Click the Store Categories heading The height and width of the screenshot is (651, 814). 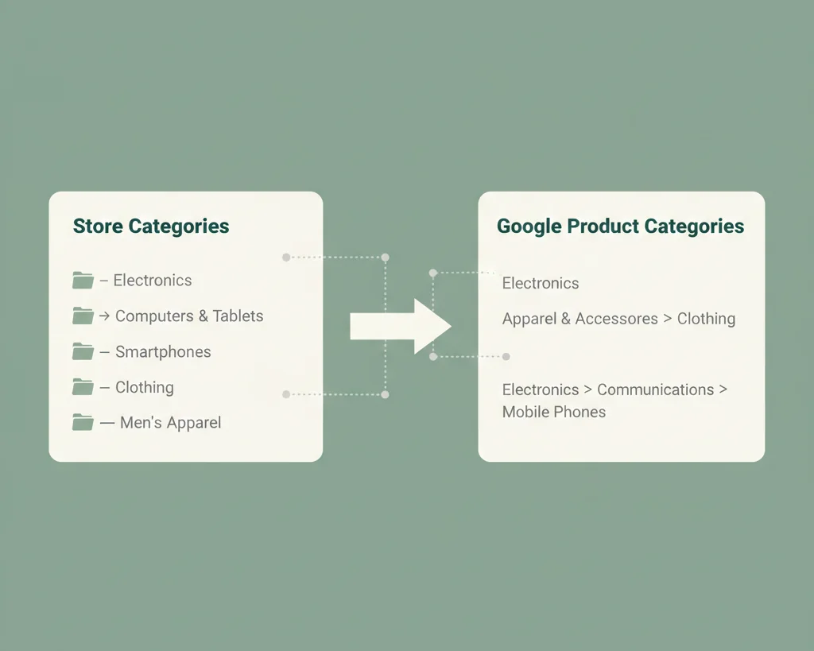point(151,227)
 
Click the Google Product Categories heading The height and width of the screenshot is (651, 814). point(620,227)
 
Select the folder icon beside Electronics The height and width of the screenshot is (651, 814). point(83,280)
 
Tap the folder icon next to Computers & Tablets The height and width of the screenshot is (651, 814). point(83,316)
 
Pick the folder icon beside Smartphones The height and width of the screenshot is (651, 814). point(83,351)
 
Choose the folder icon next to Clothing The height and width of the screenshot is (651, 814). point(83,387)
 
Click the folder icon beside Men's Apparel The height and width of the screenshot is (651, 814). point(83,422)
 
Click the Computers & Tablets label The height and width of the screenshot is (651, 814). point(189,316)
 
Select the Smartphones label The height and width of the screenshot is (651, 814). point(163,351)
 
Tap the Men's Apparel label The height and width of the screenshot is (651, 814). point(170,422)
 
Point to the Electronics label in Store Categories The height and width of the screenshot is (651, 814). point(152,280)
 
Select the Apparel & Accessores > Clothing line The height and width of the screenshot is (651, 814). point(618,319)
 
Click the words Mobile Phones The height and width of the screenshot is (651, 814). point(554,412)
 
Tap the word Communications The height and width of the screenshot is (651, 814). point(655,389)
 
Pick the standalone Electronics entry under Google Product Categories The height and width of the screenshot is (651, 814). point(541,283)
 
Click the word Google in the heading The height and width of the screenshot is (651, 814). point(529,227)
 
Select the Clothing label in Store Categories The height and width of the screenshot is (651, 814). point(144,387)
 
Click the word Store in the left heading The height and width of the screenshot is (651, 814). point(98,227)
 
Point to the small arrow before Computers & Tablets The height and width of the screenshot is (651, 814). point(104,316)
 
